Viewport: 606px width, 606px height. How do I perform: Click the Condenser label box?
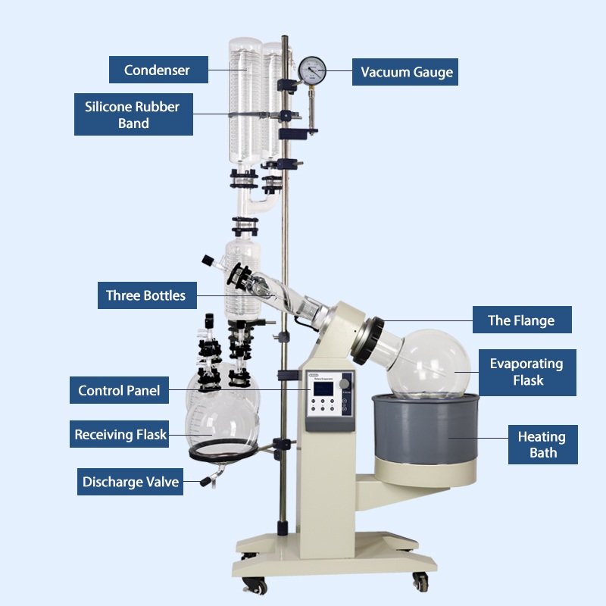(x=158, y=70)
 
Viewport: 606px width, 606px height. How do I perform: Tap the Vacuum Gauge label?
(x=405, y=72)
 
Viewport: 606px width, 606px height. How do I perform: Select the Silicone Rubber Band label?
(x=133, y=114)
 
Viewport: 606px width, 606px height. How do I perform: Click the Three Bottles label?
(x=147, y=295)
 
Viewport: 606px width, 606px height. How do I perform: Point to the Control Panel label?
(x=119, y=390)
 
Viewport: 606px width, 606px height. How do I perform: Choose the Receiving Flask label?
(x=119, y=434)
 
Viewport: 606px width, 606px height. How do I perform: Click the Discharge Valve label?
(x=130, y=482)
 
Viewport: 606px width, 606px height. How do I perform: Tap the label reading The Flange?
(x=522, y=320)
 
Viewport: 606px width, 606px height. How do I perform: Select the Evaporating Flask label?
(x=527, y=373)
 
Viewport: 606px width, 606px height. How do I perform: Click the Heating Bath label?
(x=543, y=445)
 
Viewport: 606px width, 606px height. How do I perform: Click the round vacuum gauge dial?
(x=312, y=70)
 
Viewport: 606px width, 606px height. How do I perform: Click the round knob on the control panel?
(x=344, y=384)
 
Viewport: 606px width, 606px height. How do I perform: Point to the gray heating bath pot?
(x=425, y=428)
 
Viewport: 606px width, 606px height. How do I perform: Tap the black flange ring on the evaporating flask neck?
(x=367, y=341)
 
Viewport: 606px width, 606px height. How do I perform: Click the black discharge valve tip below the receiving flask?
(x=205, y=482)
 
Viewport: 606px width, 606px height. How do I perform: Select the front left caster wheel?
(x=256, y=586)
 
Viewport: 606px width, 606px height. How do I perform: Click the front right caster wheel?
(x=420, y=582)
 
